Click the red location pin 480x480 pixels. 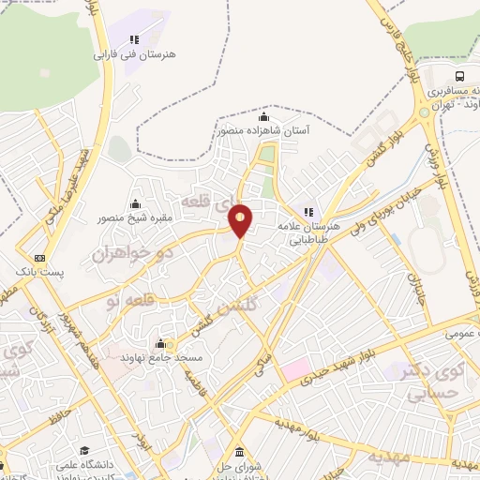tap(241, 220)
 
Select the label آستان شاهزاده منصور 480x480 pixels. tap(263, 131)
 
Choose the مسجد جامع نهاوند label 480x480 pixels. tap(160, 357)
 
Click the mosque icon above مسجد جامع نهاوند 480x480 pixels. tap(160, 342)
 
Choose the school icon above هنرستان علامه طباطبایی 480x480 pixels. tap(309, 211)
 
